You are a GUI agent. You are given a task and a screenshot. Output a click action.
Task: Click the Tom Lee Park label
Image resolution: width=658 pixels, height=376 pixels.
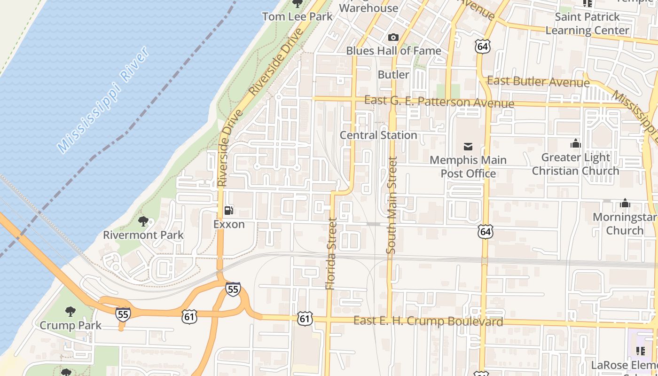tap(297, 16)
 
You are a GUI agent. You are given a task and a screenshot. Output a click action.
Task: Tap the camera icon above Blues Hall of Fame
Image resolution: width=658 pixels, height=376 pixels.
tap(393, 37)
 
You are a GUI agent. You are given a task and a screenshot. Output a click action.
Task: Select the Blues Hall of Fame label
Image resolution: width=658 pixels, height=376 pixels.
tap(393, 50)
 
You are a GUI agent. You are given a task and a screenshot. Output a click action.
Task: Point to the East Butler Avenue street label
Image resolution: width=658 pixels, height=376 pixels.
tap(538, 81)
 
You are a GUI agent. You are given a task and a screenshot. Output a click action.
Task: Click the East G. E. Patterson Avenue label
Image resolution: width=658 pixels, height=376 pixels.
tap(439, 102)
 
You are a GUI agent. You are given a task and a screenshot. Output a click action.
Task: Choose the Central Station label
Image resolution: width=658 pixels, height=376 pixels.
tap(378, 135)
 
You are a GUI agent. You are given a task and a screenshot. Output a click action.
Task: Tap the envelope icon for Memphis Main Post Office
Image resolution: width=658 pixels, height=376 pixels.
tap(468, 147)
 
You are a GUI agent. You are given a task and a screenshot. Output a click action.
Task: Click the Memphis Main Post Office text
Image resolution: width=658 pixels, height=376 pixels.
tap(468, 167)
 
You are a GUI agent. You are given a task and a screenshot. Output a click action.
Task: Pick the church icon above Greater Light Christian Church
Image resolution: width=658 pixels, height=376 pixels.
tap(575, 143)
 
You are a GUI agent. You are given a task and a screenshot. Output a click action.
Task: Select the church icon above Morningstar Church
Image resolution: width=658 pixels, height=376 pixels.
tap(625, 203)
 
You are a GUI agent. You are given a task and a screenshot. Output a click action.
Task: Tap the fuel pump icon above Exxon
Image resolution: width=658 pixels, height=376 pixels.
tap(229, 211)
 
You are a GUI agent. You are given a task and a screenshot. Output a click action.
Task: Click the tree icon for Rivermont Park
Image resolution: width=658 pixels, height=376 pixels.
tap(143, 221)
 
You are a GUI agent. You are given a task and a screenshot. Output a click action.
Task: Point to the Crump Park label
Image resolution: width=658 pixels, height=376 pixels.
tap(70, 325)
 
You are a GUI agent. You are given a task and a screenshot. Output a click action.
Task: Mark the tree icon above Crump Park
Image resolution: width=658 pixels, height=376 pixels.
tap(70, 311)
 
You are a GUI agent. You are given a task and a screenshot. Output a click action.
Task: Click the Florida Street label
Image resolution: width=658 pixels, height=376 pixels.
tap(332, 254)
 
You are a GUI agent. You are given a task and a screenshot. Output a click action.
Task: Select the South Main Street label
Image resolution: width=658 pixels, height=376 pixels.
tap(392, 205)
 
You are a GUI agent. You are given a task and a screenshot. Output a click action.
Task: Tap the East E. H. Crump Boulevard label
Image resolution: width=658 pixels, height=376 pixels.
tap(428, 321)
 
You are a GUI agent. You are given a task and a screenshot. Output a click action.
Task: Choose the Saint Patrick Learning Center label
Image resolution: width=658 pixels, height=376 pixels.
tap(587, 23)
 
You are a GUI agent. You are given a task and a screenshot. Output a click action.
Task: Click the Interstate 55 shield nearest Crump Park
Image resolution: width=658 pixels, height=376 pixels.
tap(123, 314)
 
